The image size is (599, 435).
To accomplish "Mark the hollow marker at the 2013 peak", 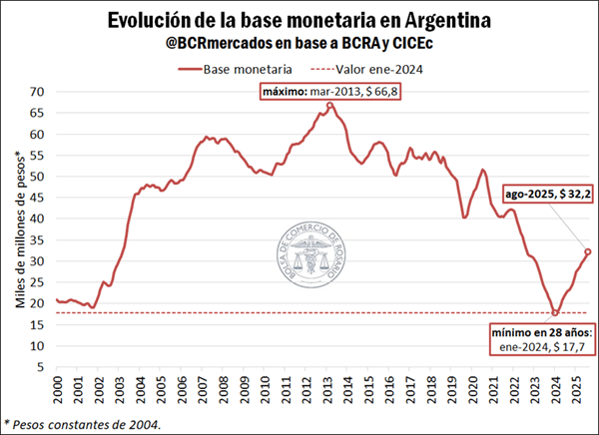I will tap(330, 105).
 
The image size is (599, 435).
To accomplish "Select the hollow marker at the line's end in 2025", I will tap(588, 251).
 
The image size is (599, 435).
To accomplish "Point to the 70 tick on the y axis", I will tap(37, 92).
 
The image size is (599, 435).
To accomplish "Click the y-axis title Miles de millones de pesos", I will tap(17, 228).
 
